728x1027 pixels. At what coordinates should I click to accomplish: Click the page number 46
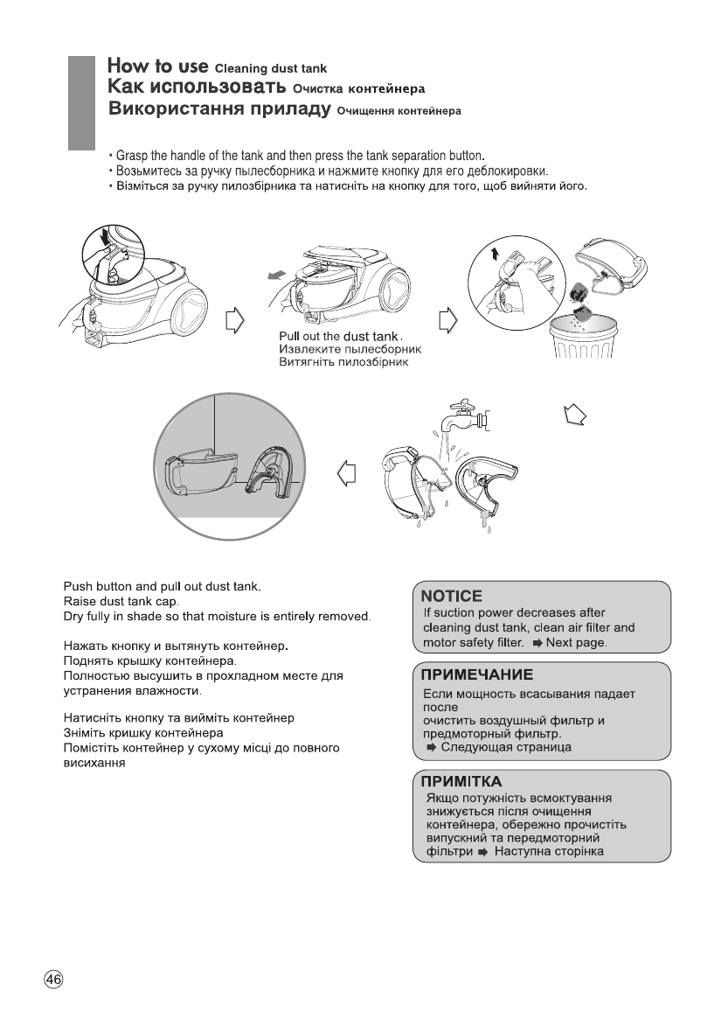(53, 979)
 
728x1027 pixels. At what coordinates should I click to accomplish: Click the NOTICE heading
(452, 596)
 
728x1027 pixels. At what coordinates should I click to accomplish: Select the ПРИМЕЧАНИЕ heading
(477, 675)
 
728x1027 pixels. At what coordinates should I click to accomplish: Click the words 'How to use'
(157, 66)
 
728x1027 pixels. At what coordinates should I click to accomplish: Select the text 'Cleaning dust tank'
(271, 68)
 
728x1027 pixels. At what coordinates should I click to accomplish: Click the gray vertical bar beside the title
(80, 103)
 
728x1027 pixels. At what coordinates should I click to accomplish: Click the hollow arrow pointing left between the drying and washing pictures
(346, 474)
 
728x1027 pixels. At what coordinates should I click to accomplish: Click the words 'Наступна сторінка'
(549, 851)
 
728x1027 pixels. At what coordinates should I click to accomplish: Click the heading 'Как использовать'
(198, 87)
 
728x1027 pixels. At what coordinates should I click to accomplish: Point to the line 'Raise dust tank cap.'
(121, 602)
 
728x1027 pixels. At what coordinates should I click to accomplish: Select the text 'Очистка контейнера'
(358, 89)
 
